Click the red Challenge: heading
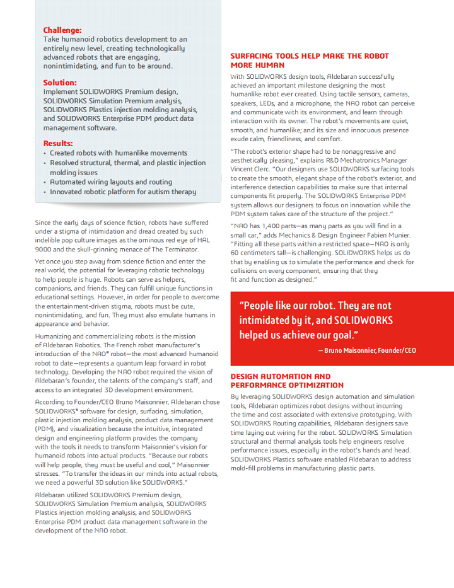click(62, 30)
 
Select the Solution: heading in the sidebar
click(60, 83)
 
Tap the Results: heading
click(58, 143)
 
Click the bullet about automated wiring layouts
click(111, 182)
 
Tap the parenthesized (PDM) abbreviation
click(45, 429)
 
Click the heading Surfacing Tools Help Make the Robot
click(310, 56)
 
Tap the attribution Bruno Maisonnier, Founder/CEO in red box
click(366, 350)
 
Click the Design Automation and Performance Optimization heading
click(287, 381)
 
